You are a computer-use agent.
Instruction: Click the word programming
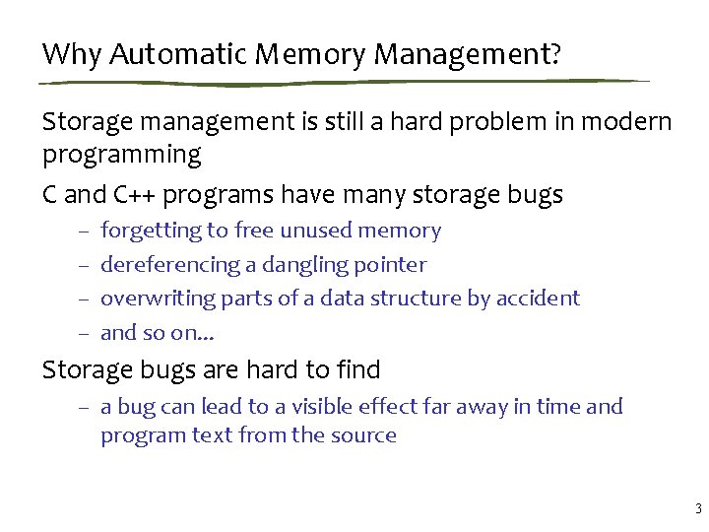pos(121,155)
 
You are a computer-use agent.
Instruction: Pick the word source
pos(366,435)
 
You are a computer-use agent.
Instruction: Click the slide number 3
pos(697,509)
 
